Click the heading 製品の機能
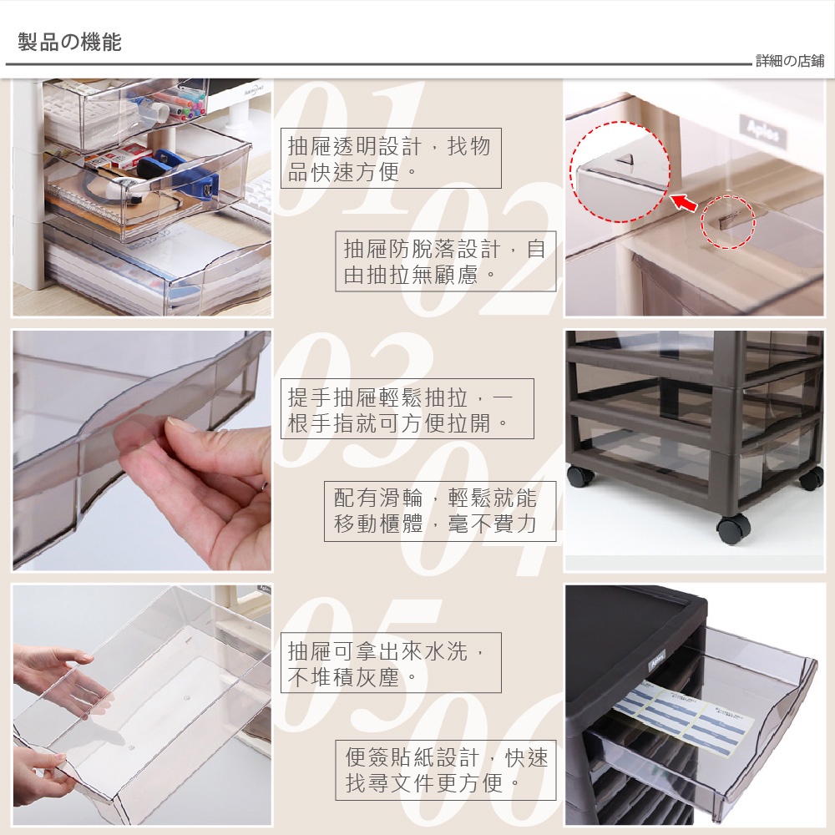click(x=70, y=42)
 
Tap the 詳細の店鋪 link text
click(x=790, y=61)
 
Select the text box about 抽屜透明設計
click(x=391, y=158)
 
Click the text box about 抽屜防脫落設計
click(x=446, y=261)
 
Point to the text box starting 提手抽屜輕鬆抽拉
click(x=407, y=409)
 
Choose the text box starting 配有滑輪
click(x=440, y=511)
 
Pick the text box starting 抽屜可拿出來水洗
click(x=391, y=662)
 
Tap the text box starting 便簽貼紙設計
click(x=446, y=770)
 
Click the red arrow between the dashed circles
click(x=684, y=202)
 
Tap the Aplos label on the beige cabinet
click(x=762, y=131)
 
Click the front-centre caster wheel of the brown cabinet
click(x=733, y=529)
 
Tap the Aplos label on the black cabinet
click(x=658, y=660)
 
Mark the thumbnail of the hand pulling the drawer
click(x=142, y=451)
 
